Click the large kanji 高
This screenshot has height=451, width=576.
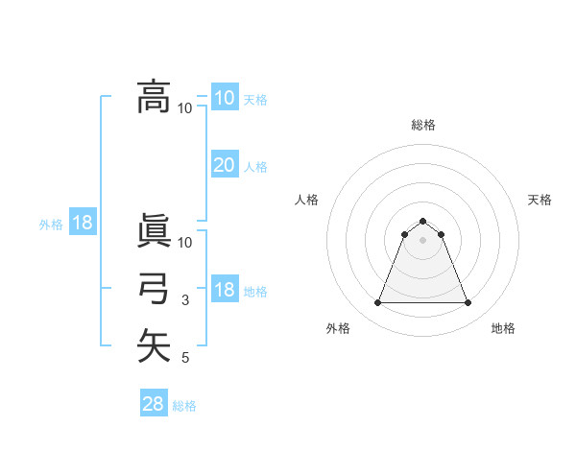[x=155, y=96]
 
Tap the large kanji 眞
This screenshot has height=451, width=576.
[x=155, y=232]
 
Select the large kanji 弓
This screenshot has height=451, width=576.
[x=155, y=289]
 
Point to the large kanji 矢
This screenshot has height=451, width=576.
[x=155, y=345]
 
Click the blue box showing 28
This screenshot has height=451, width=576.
[x=154, y=404]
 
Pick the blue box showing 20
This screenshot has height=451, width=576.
[x=224, y=165]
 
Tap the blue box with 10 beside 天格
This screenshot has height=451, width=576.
[x=224, y=97]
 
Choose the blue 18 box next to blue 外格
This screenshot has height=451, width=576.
[x=83, y=224]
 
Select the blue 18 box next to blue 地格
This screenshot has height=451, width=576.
[x=224, y=290]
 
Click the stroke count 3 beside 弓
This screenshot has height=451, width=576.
[x=185, y=301]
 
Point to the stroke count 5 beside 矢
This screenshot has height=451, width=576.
[x=185, y=358]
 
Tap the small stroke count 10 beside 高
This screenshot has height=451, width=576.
[x=184, y=107]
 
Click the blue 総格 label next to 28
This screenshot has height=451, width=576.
[x=184, y=406]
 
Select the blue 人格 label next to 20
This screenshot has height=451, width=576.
[x=255, y=167]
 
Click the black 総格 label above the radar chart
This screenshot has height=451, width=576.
[x=423, y=125]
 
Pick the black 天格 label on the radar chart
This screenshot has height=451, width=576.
[x=540, y=200]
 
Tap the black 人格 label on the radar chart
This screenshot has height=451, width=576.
[x=306, y=200]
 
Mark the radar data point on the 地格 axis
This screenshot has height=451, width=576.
[x=468, y=303]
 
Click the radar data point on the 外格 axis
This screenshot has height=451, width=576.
[x=377, y=303]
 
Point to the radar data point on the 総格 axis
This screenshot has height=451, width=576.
[x=422, y=222]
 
